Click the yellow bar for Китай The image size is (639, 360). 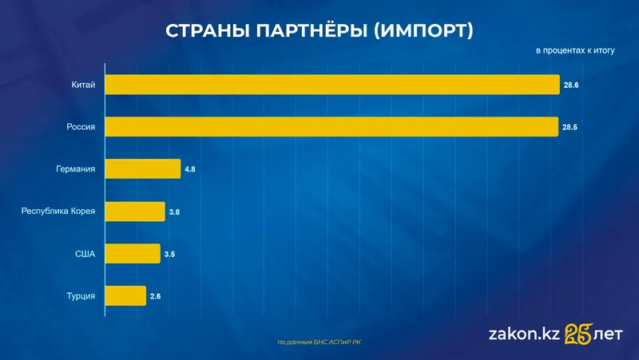click(332, 85)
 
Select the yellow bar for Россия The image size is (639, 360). click(331, 127)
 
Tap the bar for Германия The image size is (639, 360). click(143, 169)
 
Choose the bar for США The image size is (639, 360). click(133, 254)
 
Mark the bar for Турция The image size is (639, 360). click(125, 296)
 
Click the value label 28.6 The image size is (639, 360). click(570, 85)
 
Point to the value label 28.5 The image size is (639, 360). click(570, 127)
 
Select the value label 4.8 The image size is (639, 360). click(191, 169)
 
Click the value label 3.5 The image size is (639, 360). click(169, 254)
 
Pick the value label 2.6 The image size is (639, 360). click(156, 296)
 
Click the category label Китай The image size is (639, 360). click(83, 85)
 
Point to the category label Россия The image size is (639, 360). click(81, 127)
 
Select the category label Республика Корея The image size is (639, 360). click(58, 212)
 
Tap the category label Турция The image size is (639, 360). click(81, 296)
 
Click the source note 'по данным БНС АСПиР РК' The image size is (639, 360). click(319, 342)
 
